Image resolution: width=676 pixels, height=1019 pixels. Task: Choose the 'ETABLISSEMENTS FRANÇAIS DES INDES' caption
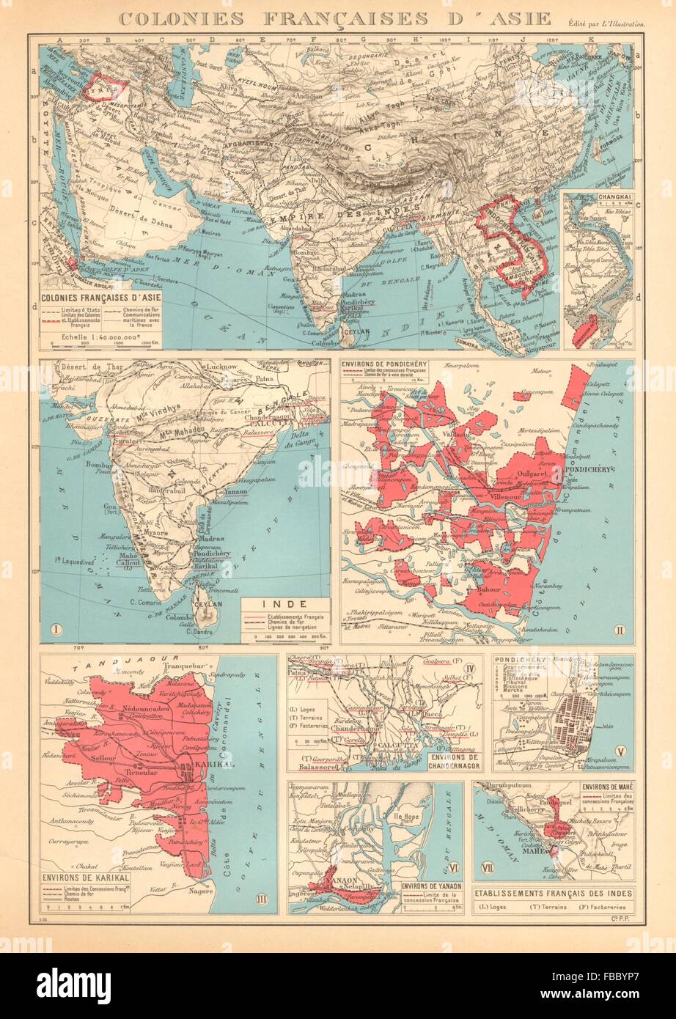tap(554, 894)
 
